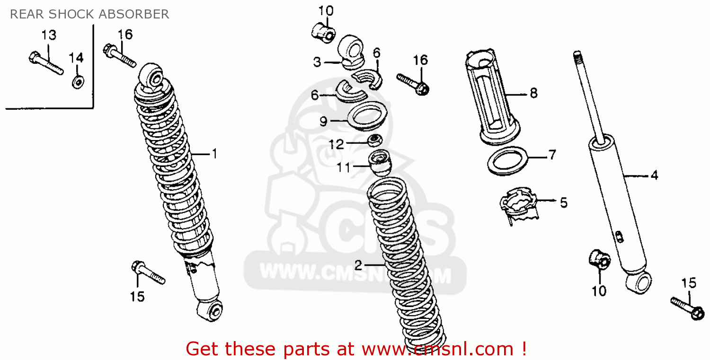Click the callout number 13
(x=48, y=35)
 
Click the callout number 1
(x=214, y=154)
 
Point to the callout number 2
(x=358, y=264)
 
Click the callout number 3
(x=317, y=61)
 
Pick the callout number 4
(x=654, y=175)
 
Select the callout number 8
(x=533, y=93)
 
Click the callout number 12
(x=337, y=144)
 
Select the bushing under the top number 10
(x=323, y=32)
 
